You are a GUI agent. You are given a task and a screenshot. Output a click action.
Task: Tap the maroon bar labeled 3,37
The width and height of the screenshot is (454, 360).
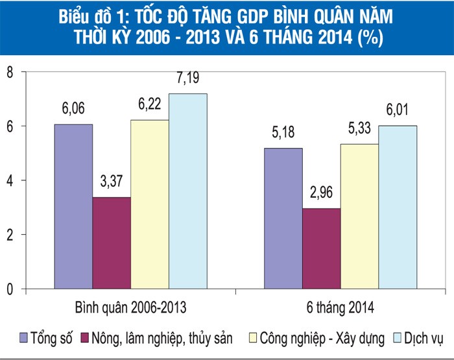[x=112, y=243]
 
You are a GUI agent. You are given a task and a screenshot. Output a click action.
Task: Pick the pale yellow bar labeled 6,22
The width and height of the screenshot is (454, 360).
[x=150, y=204]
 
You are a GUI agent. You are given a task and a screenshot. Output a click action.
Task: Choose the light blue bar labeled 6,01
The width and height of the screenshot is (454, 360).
[x=398, y=207]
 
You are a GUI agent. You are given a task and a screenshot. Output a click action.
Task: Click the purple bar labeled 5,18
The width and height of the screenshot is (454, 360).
[x=283, y=218]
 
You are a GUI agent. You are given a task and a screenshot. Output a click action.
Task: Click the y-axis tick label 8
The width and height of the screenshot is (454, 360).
[x=10, y=72]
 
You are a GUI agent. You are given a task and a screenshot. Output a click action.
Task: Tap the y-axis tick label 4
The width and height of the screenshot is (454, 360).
[x=10, y=180]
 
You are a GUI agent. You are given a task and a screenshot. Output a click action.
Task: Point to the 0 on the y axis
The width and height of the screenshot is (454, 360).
[x=10, y=289]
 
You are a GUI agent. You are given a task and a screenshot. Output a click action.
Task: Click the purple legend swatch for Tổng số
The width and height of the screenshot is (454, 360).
[x=24, y=338]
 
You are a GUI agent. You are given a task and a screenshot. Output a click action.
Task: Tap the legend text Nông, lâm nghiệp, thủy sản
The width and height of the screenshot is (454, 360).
[x=160, y=338]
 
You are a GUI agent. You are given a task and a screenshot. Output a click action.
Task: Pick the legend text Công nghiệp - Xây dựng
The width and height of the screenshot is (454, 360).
[x=322, y=338]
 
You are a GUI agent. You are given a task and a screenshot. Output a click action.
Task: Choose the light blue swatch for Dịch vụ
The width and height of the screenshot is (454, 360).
[x=396, y=338]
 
